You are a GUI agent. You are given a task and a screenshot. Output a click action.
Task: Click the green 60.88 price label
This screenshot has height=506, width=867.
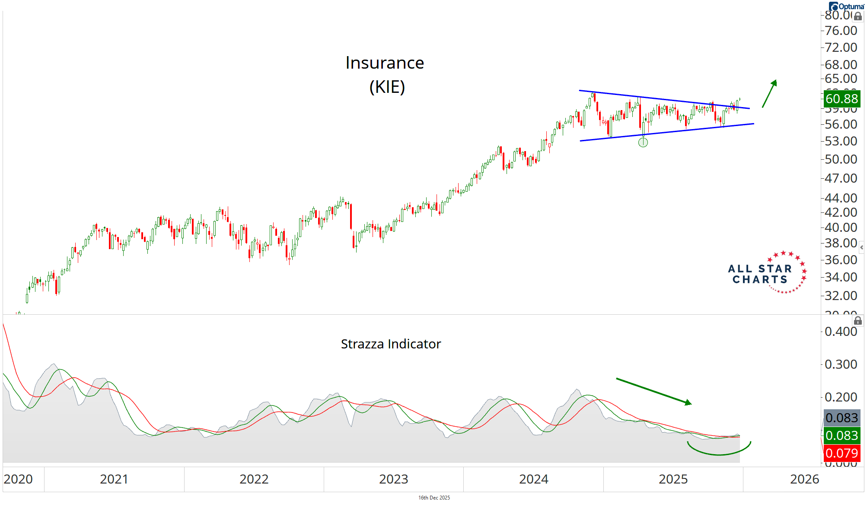[841, 99]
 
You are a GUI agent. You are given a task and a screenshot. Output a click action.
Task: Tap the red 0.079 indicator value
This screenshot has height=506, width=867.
[841, 453]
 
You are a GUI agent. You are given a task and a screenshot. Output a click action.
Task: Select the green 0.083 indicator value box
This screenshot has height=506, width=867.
[841, 436]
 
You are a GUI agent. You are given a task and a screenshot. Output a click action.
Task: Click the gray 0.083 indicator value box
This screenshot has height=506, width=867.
[841, 418]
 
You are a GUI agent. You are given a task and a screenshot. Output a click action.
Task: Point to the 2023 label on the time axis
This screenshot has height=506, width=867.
[393, 479]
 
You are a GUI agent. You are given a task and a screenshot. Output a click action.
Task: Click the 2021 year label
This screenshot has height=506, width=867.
[114, 479]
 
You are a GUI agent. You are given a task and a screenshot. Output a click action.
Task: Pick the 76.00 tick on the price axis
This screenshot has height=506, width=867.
[841, 31]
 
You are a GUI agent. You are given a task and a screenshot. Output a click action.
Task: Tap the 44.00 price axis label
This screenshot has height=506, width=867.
[841, 198]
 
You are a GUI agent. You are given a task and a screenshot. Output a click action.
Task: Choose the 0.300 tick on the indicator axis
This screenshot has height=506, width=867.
[841, 364]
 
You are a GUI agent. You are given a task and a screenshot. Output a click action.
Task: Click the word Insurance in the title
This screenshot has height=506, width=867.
[385, 63]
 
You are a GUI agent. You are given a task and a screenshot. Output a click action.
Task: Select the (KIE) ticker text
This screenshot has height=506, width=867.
[387, 87]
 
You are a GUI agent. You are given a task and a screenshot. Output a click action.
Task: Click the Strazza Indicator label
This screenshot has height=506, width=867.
[391, 344]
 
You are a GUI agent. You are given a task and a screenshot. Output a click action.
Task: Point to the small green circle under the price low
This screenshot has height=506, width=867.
[643, 142]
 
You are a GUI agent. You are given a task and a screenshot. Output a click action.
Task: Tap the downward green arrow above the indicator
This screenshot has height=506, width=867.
[653, 391]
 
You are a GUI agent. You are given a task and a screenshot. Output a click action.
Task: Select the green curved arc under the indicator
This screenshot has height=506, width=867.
[719, 452]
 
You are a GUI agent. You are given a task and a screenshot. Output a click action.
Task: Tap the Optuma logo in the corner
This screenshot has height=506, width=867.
[846, 6]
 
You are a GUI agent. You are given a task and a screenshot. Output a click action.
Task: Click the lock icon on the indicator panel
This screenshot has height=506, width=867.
[858, 321]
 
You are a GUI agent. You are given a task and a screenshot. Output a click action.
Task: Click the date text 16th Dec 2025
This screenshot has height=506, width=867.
[434, 498]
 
